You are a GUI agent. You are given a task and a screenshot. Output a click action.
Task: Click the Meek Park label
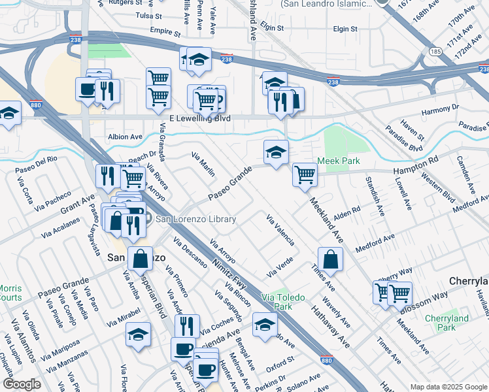coord(339,161)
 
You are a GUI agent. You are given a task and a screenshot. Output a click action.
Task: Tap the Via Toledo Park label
coord(282,302)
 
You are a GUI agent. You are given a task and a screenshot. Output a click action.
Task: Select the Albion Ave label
coord(125,137)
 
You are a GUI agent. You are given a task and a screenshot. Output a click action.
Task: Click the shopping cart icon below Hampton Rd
coord(305,175)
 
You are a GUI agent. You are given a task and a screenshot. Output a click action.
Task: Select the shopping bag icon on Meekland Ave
coord(331,259)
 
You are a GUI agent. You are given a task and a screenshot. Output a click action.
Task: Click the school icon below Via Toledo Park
coord(265,325)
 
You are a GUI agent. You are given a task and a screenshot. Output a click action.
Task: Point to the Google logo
coord(22,384)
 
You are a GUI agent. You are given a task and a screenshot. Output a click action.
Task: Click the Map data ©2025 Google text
coord(448,387)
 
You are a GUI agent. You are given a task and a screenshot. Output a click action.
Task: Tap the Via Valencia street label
coord(280,229)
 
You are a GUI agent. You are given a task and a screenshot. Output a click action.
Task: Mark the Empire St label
coord(165,31)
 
